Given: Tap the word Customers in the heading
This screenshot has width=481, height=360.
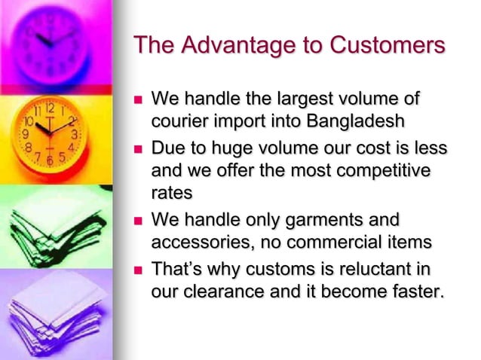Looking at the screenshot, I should point(381,46).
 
